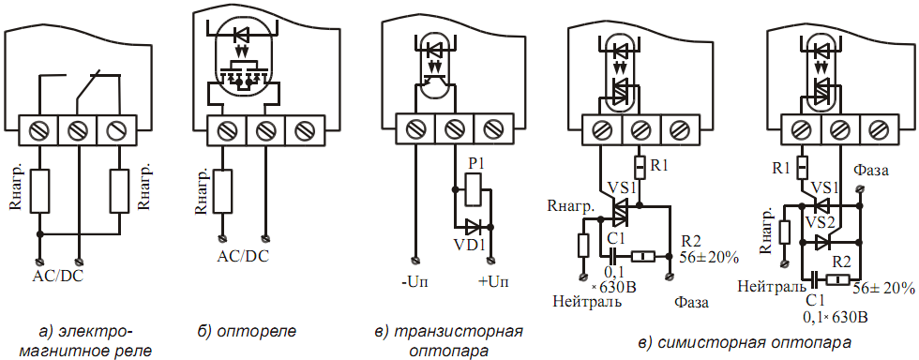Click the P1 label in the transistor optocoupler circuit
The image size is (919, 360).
475,165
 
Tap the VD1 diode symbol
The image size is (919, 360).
474,226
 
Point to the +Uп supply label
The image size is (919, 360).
493,281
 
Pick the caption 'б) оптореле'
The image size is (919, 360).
247,331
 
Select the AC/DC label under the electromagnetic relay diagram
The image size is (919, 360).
58,276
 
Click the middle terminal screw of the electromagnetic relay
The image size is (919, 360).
77,129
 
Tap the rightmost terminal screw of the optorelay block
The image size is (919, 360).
304,129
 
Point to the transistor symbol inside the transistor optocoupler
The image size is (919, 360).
435,75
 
